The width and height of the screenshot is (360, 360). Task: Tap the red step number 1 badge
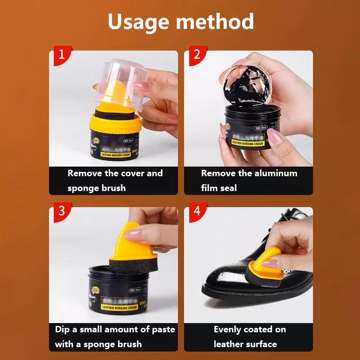61,55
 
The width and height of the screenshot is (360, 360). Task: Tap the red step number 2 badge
197,55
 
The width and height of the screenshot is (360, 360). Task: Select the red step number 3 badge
61,211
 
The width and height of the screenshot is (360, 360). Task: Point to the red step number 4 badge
197,211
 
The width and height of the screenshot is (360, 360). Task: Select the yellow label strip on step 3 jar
119,307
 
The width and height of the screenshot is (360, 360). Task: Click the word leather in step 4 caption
229,344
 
